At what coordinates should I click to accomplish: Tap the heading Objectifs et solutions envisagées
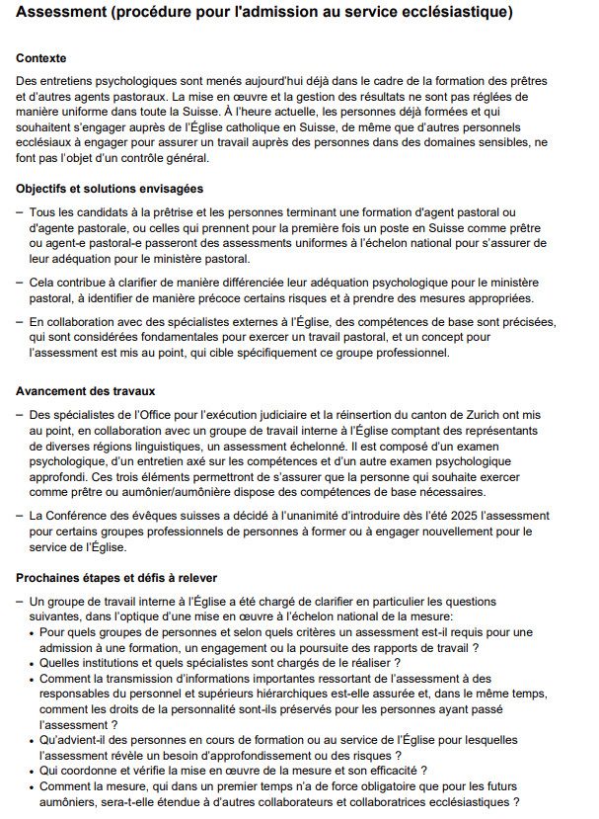tap(110, 188)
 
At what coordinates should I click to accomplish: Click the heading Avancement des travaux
tap(85, 392)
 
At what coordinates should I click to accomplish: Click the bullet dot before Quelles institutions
tap(33, 663)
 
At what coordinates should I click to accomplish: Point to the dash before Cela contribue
tap(20, 283)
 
